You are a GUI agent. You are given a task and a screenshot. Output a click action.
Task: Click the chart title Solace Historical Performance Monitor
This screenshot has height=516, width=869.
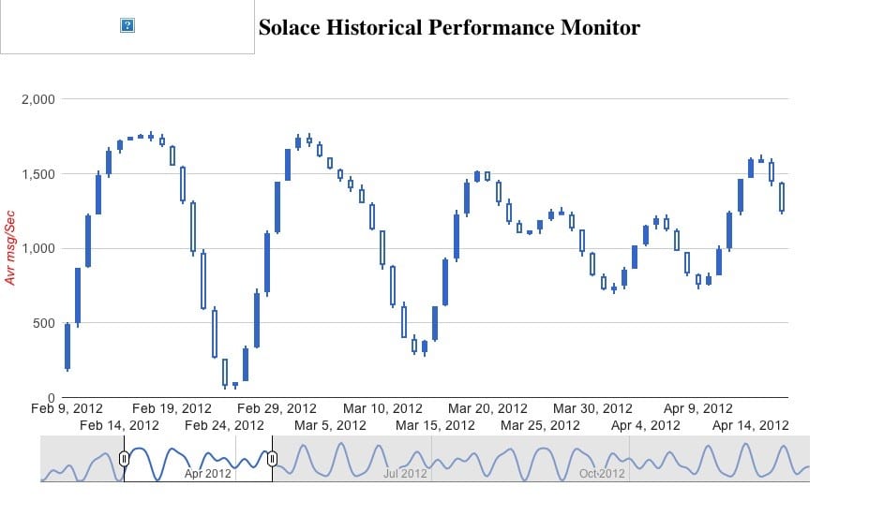[x=449, y=27]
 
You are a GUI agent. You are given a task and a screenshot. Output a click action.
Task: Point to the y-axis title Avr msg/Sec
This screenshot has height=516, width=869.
[x=11, y=247]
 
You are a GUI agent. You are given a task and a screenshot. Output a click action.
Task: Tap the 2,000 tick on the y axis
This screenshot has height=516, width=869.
[x=37, y=99]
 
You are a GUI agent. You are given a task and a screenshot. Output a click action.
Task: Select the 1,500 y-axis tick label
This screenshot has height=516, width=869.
[x=37, y=174]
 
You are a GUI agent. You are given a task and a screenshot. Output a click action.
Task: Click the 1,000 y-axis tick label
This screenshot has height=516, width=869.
[x=37, y=248]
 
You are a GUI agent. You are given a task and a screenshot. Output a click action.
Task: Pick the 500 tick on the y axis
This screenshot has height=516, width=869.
[x=43, y=323]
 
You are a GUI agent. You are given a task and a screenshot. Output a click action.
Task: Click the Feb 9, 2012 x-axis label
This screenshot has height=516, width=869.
[x=67, y=409]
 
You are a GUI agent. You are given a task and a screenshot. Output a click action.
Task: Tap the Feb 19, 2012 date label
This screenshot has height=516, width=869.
[x=172, y=409]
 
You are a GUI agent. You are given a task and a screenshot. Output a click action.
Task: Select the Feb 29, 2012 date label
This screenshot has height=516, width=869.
[x=277, y=409]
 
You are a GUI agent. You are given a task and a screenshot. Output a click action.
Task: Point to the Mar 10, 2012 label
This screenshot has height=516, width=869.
[x=382, y=409]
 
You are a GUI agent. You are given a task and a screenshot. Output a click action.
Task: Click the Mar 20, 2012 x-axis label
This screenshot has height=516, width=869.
[x=487, y=409]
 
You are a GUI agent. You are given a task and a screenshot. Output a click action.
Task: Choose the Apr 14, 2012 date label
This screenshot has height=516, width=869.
[x=750, y=425]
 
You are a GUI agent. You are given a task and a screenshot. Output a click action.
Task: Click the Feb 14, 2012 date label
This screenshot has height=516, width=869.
[x=119, y=425]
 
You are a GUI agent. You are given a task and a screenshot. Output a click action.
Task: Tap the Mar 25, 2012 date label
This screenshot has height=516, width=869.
[x=540, y=425]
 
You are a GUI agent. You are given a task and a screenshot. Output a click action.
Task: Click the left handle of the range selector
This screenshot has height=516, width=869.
[x=124, y=458]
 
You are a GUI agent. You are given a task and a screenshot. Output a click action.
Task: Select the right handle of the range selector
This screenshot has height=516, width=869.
[x=272, y=458]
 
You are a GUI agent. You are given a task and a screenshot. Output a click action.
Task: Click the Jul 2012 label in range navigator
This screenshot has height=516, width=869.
[x=406, y=474]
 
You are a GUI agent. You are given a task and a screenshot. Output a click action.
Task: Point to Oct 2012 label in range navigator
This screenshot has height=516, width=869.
[x=601, y=474]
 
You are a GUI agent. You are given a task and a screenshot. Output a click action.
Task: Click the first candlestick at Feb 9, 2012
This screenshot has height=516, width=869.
[x=67, y=346]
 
